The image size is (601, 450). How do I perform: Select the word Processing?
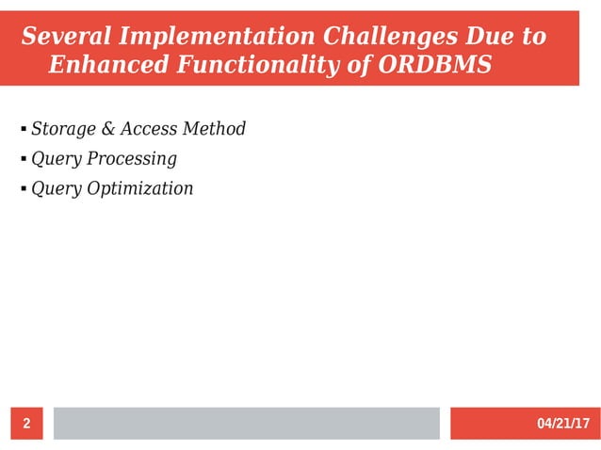pos(131,158)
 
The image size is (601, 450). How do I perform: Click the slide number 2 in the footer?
pos(26,424)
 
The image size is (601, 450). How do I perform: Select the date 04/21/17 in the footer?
pos(562,424)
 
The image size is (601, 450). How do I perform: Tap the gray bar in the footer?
pos(246,424)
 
